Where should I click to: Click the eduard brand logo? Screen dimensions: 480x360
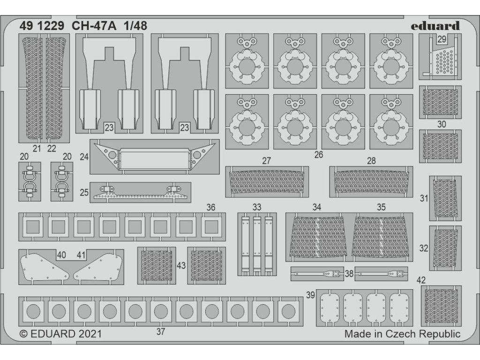click(435, 26)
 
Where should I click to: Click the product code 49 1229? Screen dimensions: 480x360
click(42, 26)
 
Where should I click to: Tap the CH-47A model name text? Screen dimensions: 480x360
click(94, 26)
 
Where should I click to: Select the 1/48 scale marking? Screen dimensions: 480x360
click(135, 26)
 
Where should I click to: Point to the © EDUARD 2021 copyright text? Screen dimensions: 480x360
click(60, 333)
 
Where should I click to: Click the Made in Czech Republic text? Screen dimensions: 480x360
click(402, 333)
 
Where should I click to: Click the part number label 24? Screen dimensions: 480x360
click(84, 157)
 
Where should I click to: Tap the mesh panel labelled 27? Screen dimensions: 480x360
click(267, 181)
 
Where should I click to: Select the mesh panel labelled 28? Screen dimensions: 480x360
click(371, 181)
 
